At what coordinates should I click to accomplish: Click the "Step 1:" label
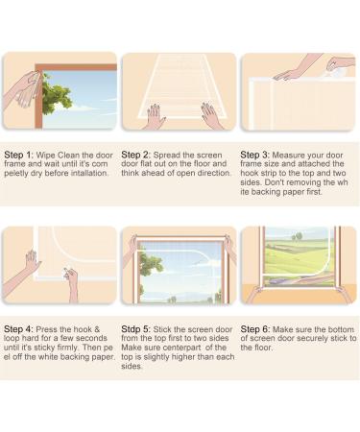pyautogui.click(x=18, y=156)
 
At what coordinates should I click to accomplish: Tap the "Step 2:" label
pyautogui.click(x=135, y=156)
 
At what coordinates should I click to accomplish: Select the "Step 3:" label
pyautogui.click(x=254, y=155)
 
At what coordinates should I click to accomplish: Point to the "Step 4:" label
pyautogui.click(x=18, y=329)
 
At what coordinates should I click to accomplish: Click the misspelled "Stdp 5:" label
pyautogui.click(x=135, y=329)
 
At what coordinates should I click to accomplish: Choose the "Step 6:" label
pyautogui.click(x=255, y=329)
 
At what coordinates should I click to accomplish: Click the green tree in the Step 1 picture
pyautogui.click(x=57, y=93)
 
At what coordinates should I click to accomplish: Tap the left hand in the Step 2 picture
pyautogui.click(x=156, y=115)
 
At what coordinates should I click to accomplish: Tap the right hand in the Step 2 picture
pyautogui.click(x=211, y=114)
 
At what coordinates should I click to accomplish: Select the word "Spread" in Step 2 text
pyautogui.click(x=167, y=156)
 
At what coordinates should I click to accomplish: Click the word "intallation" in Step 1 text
pyautogui.click(x=89, y=173)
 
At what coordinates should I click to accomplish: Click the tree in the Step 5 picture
pyautogui.click(x=151, y=266)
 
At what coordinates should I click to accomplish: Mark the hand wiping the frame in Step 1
pyautogui.click(x=24, y=89)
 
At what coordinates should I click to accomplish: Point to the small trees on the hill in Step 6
pyautogui.click(x=298, y=236)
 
